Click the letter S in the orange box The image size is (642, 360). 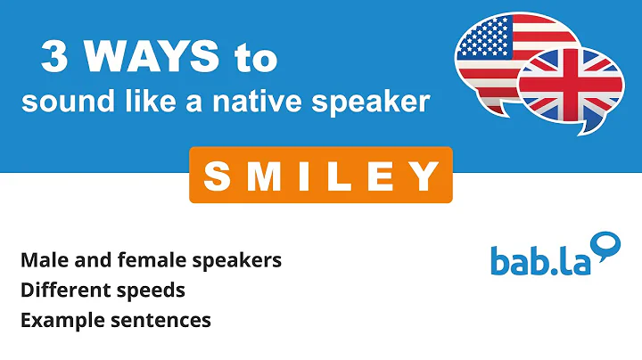218,176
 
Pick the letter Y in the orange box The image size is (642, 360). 424,176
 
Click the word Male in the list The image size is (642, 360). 41,260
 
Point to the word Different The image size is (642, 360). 57,290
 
